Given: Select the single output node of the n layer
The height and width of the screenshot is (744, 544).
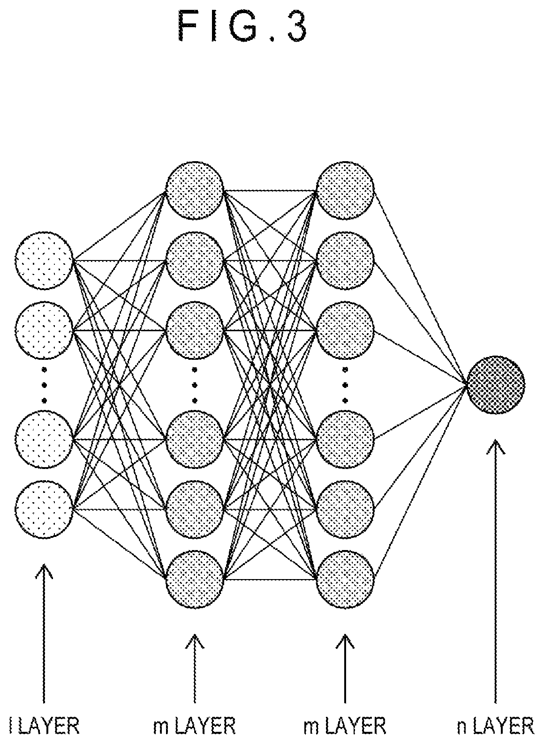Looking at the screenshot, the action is click(x=496, y=385).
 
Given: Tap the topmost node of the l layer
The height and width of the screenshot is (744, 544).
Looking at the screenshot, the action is click(x=44, y=261).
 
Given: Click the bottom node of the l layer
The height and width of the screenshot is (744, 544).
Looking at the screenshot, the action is click(x=44, y=509).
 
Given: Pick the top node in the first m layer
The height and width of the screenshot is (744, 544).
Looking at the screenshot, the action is click(x=195, y=190).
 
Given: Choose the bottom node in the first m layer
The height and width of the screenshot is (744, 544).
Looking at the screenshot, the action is click(x=195, y=580).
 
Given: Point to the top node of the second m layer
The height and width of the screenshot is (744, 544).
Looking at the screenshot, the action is click(x=345, y=190).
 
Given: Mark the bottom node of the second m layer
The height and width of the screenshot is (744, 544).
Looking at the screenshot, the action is click(x=345, y=580).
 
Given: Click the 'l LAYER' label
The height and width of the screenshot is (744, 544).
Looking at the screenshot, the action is click(x=44, y=726).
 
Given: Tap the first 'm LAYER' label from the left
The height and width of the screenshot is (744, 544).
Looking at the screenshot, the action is click(x=195, y=726).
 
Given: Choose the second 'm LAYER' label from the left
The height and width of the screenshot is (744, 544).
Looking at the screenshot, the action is click(x=345, y=726).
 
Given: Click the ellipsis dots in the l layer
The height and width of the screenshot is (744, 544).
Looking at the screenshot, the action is click(x=44, y=385).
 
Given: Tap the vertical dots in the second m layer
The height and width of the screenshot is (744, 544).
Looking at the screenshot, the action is click(x=345, y=385).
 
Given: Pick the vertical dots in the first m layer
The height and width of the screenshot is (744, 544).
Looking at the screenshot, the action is click(x=195, y=385).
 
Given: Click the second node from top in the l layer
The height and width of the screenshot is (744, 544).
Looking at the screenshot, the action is click(x=44, y=330).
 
